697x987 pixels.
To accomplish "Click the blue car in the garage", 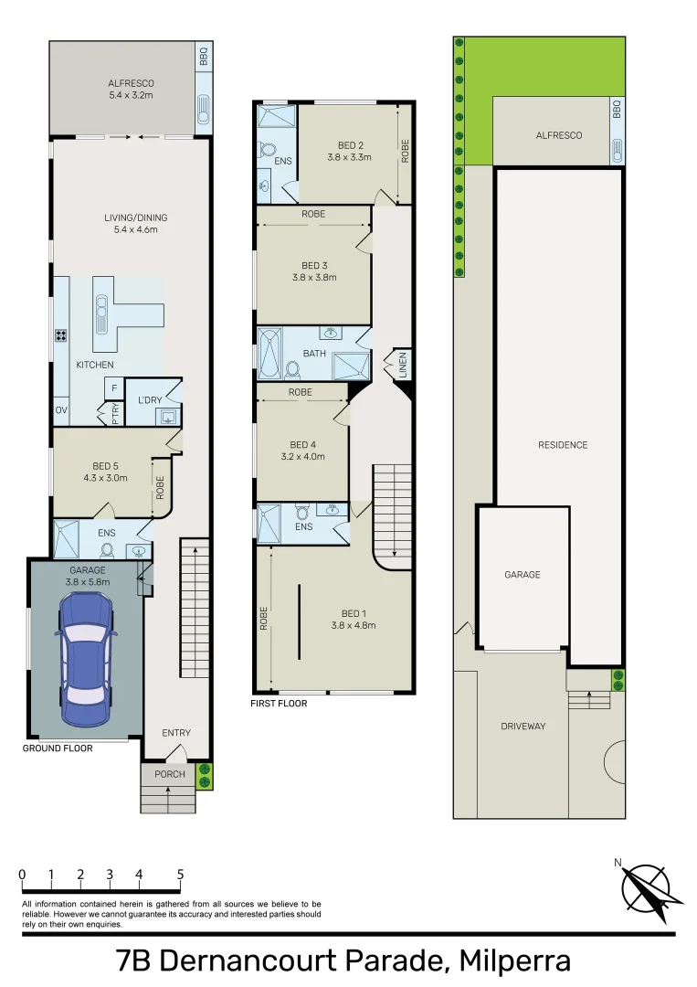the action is click(86, 658).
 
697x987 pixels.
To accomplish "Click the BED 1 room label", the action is click(354, 614).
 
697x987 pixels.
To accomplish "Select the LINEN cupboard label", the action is click(403, 365).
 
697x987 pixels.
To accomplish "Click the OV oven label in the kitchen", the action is click(61, 410).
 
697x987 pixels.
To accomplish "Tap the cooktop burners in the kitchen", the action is click(61, 335).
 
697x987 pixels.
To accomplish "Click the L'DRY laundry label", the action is click(150, 399).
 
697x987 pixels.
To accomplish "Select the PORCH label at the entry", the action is click(170, 774).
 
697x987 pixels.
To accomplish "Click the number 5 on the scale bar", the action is click(180, 875).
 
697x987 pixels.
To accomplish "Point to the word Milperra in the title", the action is click(515, 961).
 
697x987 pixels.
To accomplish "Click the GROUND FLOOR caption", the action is click(58, 748).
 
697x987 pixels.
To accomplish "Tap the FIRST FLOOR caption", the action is click(279, 704).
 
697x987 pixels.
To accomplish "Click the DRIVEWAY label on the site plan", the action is click(523, 726).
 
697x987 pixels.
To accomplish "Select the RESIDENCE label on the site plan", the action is click(563, 445).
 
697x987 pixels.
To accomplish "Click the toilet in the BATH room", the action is click(292, 369).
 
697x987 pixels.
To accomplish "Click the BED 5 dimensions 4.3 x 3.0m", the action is click(106, 478).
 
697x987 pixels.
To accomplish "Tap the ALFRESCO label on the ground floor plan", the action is click(131, 83).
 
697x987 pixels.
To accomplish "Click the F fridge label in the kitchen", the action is click(114, 388).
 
